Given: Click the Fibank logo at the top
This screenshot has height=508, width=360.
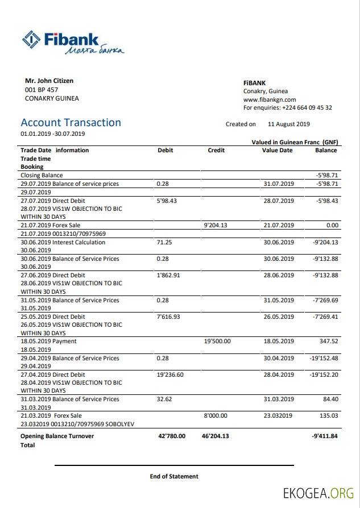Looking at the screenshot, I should pos(72,43).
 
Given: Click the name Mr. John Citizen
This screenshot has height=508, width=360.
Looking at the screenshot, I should pos(49,81).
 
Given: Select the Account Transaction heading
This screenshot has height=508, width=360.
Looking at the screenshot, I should pos(71,123).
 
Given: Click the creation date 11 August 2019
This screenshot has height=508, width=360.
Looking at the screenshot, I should pos(288,124).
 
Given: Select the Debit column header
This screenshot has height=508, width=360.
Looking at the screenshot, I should pos(165,151).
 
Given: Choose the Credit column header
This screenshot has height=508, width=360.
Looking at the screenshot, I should pos(216,151).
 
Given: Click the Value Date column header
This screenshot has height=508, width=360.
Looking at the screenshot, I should pos(277,151).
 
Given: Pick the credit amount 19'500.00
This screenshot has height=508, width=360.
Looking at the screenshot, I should pos(217,342).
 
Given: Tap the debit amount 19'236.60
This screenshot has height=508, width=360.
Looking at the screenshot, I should pos(170,375).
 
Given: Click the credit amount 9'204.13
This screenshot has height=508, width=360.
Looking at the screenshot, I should pos(215,226).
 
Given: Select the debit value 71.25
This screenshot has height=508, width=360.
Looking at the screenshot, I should pos(164,242).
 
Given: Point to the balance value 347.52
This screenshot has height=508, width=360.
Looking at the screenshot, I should pos(329,342).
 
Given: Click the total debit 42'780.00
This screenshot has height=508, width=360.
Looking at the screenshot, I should pos(171,436).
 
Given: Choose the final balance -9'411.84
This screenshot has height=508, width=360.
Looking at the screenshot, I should pos(325,436).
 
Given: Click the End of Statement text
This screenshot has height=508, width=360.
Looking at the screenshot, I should pos(174,476).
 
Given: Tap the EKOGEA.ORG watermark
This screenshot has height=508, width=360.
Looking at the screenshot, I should pos(318,492).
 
